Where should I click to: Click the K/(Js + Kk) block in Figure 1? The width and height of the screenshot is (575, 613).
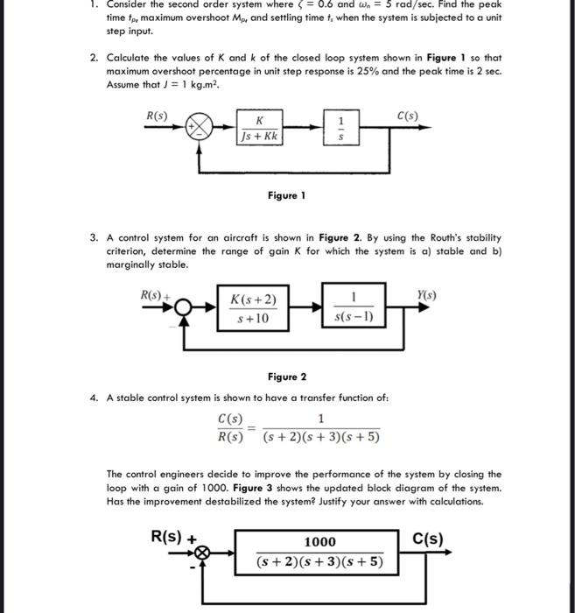pyautogui.click(x=258, y=128)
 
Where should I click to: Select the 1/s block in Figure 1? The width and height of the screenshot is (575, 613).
pyautogui.click(x=340, y=128)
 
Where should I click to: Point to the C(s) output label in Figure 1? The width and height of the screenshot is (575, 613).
pyautogui.click(x=407, y=116)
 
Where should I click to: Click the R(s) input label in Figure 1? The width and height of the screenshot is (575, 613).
pyautogui.click(x=158, y=116)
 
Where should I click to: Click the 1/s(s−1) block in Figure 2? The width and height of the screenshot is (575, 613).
pyautogui.click(x=352, y=309)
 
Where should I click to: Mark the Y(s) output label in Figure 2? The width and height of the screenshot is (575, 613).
pyautogui.click(x=425, y=296)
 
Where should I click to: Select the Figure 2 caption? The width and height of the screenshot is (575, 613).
pyautogui.click(x=286, y=377)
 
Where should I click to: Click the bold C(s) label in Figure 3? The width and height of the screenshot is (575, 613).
pyautogui.click(x=428, y=539)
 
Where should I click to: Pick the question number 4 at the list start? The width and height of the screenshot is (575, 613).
pyautogui.click(x=94, y=398)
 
